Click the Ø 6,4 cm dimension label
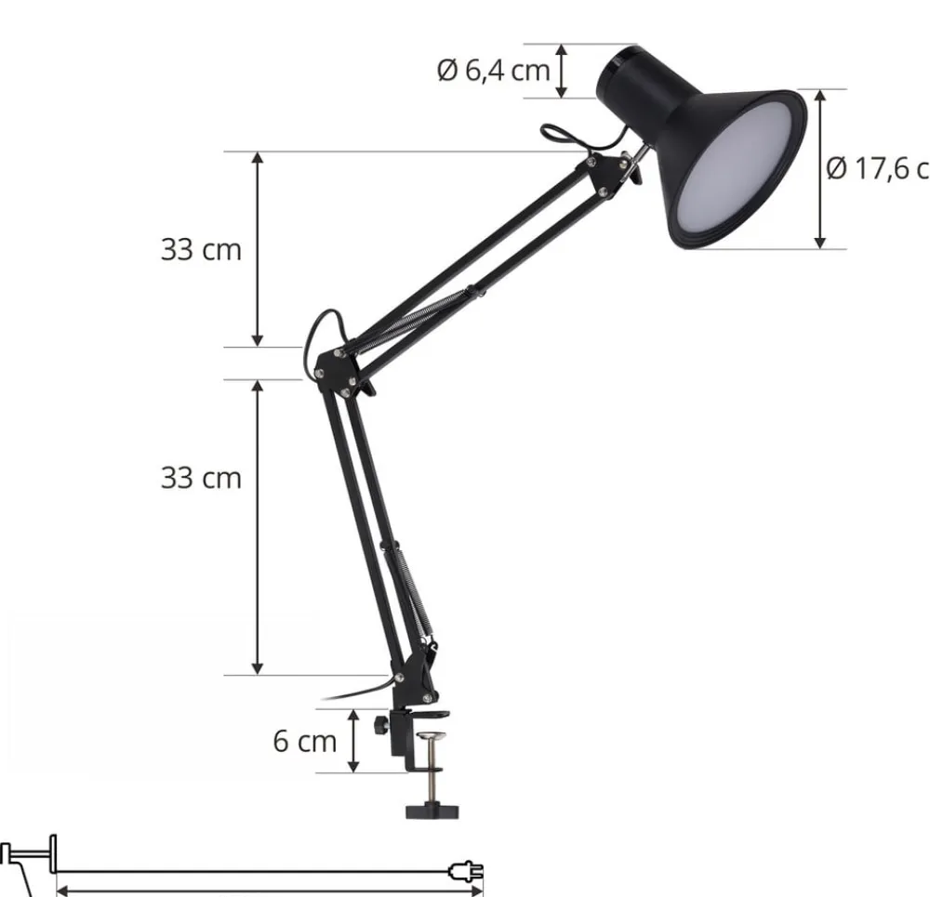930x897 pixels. click(493, 70)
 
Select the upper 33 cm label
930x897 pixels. click(200, 249)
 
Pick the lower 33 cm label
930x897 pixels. click(200, 478)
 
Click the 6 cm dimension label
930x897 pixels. click(304, 741)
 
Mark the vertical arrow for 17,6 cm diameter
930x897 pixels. click(819, 168)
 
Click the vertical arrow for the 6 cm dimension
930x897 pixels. click(353, 741)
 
